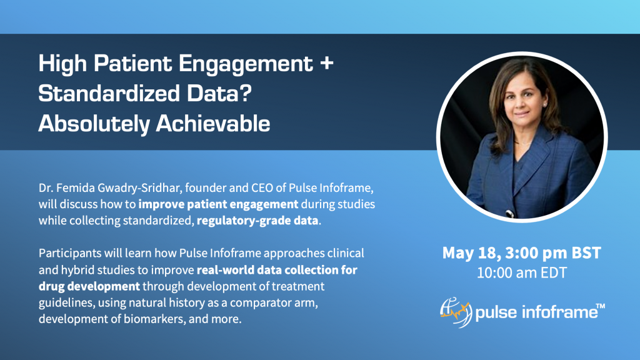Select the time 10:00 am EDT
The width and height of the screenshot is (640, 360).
point(521,273)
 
